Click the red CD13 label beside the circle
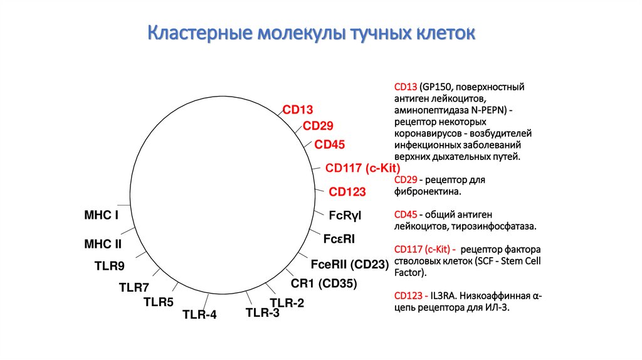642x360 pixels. point(298,110)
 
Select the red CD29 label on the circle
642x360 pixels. point(318,125)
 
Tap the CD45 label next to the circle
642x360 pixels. point(330,145)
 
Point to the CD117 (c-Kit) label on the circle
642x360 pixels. point(363,168)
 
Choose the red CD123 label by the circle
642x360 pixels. point(347,192)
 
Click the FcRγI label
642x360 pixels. point(345,215)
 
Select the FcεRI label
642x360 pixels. point(339,239)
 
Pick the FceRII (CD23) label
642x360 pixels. point(350,265)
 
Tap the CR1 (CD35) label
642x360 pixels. point(324,283)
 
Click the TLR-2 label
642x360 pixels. point(287,303)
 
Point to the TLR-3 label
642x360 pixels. point(263,313)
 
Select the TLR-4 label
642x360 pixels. point(199,315)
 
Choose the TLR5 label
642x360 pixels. point(159,302)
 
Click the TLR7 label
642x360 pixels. point(134,287)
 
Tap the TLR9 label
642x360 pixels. point(109,266)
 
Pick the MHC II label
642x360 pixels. point(103,244)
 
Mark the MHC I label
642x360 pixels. point(101,215)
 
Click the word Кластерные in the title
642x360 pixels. point(200,33)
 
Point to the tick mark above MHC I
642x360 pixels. point(124,205)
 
